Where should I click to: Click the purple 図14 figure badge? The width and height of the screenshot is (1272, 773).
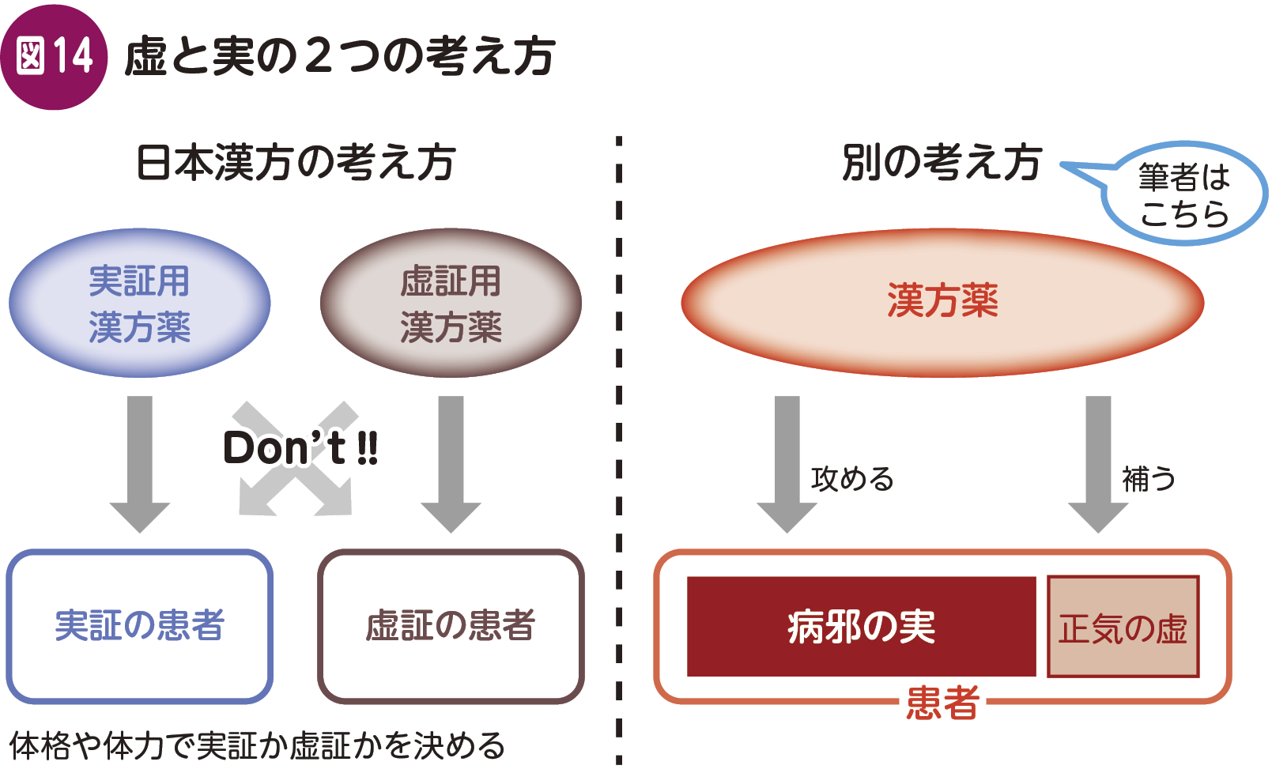[x=54, y=56]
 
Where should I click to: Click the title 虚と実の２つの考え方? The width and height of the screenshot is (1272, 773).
[x=340, y=56]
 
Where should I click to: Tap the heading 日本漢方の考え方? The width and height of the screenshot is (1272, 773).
[x=296, y=163]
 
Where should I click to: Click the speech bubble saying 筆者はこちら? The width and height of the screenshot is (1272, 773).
[x=1183, y=194]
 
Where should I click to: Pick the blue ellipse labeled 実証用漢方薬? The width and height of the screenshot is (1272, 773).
[x=140, y=304]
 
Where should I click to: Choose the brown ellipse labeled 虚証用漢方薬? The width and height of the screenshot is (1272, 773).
[x=451, y=304]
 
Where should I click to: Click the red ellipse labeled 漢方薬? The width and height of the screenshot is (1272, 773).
[x=942, y=302]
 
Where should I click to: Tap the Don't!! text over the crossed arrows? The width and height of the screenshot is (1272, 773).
[x=300, y=448]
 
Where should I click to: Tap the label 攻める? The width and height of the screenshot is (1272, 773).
[x=852, y=479]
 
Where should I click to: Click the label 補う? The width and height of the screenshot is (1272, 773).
[x=1149, y=479]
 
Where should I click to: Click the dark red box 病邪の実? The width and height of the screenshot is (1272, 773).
[x=861, y=627]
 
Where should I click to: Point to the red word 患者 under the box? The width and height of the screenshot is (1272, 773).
[x=942, y=703]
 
